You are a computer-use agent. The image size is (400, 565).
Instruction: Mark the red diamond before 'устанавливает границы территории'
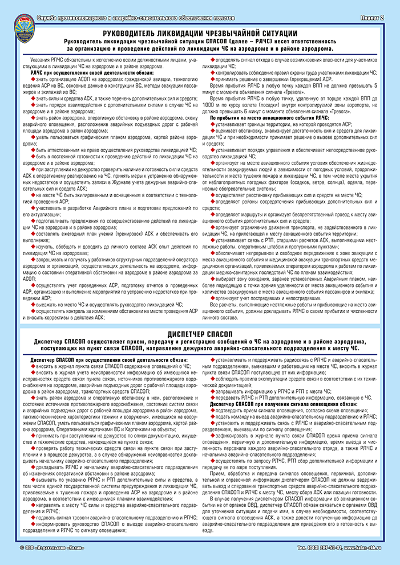coord(213,123)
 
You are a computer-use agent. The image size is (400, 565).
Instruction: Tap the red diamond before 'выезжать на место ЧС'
coord(33,304)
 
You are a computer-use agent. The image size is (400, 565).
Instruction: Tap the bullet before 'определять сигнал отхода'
coord(213,60)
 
